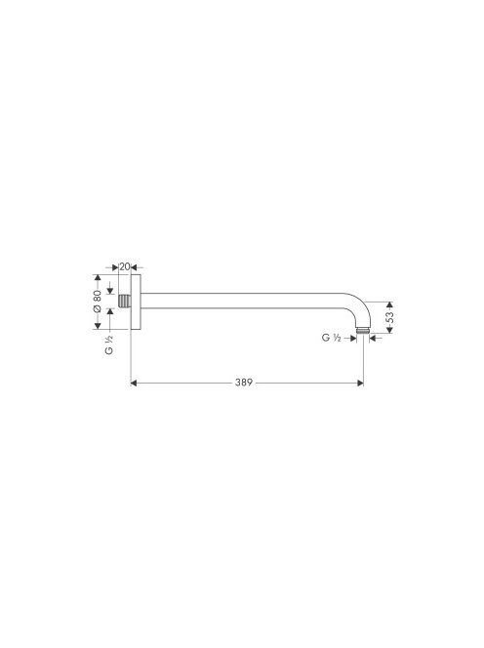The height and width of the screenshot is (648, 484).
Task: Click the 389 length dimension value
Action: pos(243,383)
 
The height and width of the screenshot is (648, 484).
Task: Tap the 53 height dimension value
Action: pos(389,317)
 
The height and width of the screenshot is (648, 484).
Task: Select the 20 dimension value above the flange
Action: pos(124,266)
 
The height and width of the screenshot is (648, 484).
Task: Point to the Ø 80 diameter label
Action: pos(97,301)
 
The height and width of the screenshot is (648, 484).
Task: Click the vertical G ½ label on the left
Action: pos(109,344)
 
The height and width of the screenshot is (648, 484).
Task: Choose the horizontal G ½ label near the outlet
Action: pos(331,338)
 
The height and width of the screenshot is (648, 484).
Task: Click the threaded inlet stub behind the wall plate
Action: pos(124,301)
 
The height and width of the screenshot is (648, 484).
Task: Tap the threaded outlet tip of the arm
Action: pos(362,331)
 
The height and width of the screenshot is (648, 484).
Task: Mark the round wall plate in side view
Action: pos(136,301)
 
